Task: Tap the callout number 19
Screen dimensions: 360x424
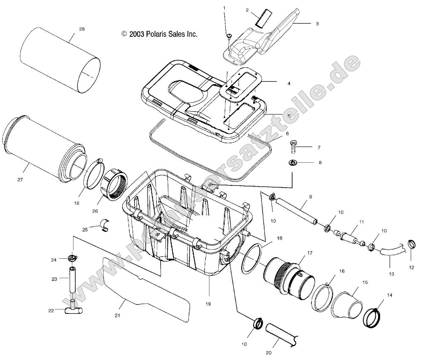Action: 208,304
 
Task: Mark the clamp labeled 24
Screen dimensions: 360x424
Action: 73,257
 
